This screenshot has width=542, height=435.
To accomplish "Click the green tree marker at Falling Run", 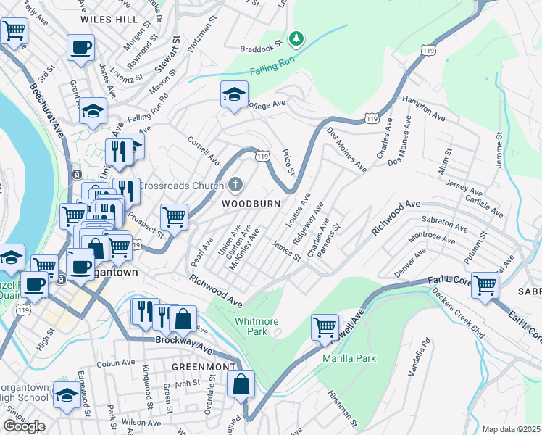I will (296, 38).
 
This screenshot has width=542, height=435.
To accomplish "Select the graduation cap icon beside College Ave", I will (234, 95).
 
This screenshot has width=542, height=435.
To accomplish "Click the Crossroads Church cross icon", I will (235, 185).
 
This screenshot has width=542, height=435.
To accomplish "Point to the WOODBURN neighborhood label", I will (251, 204).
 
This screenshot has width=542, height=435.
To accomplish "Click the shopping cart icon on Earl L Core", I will (485, 283).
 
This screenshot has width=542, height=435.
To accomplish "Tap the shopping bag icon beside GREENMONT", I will (241, 384).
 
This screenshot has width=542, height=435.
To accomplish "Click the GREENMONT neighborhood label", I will (204, 366).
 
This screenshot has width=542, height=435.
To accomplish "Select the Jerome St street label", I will (499, 150).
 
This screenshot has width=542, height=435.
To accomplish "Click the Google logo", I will (24, 426).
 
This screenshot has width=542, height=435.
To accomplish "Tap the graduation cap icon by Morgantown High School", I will (67, 397).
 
